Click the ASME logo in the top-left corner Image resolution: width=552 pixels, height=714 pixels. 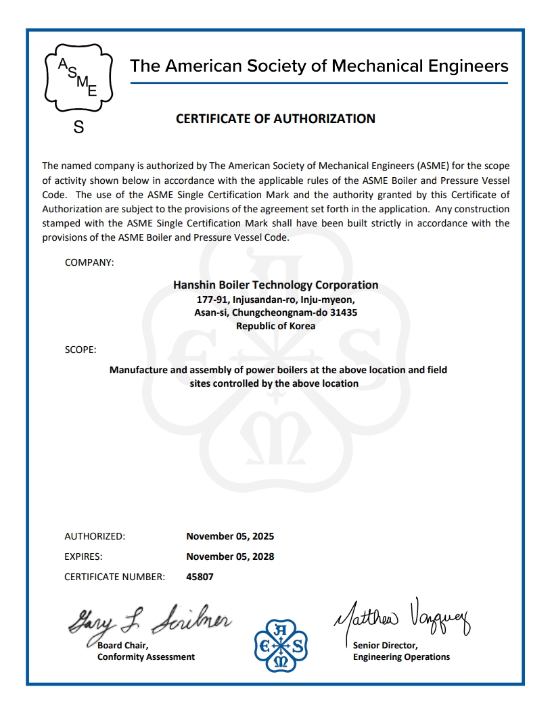click(x=78, y=77)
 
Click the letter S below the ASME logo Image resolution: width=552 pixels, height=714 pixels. click(x=78, y=127)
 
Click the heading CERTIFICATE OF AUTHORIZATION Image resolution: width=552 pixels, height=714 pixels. click(x=275, y=119)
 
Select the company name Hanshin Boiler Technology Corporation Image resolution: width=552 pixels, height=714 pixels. click(x=275, y=285)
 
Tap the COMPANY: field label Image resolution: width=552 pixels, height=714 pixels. click(x=89, y=262)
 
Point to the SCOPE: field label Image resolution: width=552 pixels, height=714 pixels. click(x=80, y=350)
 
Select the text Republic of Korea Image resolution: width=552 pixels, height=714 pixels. click(x=275, y=326)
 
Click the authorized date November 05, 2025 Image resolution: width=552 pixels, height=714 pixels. click(x=230, y=536)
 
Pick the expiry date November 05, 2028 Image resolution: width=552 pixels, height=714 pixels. click(x=230, y=556)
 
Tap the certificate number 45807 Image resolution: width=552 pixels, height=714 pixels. click(x=200, y=577)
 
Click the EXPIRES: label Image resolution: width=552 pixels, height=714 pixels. click(x=83, y=556)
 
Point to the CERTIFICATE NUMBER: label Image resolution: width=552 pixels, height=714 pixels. click(x=114, y=577)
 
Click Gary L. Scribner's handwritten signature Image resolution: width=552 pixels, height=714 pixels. click(x=149, y=619)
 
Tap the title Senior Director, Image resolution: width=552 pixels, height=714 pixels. click(x=385, y=645)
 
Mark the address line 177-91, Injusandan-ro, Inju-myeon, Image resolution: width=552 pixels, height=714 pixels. click(x=275, y=299)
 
